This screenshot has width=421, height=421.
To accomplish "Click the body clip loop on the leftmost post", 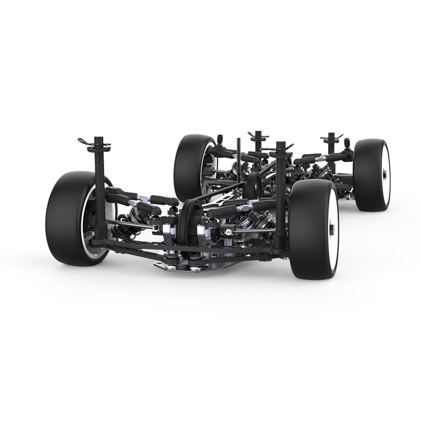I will [82, 141].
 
